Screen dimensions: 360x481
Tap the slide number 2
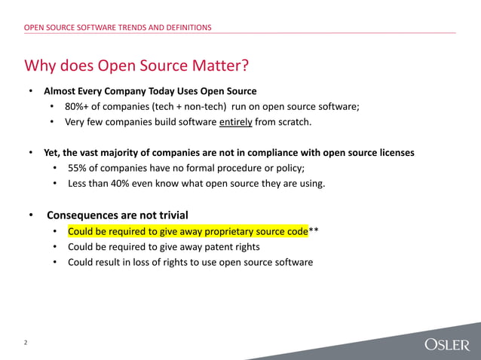point(25,343)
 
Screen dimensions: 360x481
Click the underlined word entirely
point(235,122)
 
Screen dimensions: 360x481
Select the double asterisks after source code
point(314,231)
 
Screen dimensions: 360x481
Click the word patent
point(216,247)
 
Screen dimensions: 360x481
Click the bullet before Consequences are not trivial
point(31,215)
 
